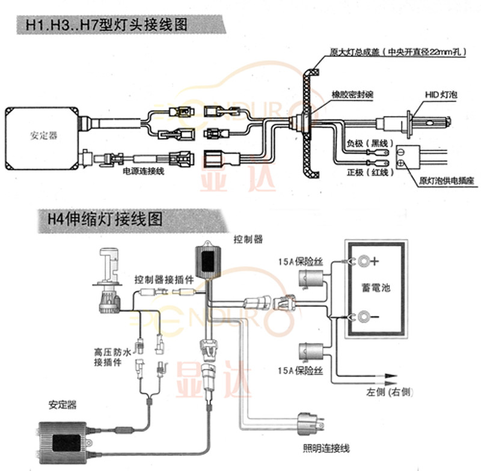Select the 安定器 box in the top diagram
(43, 136)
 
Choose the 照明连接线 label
(326, 448)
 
